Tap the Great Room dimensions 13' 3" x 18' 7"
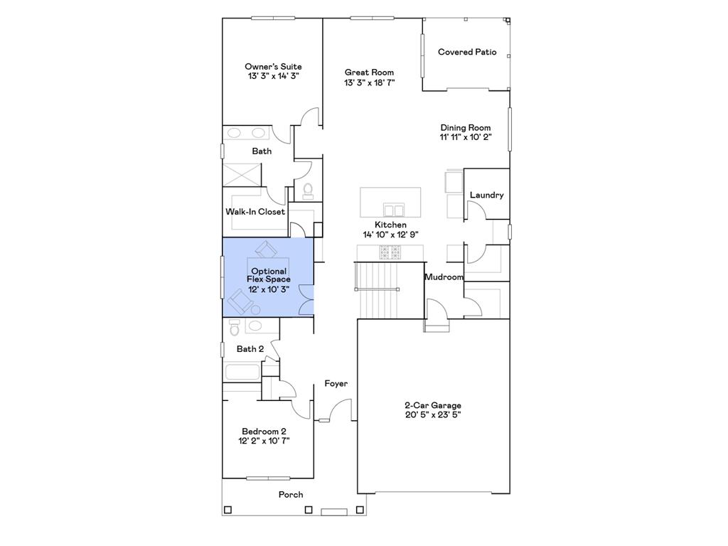369,82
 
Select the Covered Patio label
467,52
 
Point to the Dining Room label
465,128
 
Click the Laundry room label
486,195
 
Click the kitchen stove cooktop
390,252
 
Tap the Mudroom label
444,277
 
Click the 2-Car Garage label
433,405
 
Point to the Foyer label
336,384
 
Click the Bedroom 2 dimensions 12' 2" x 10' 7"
264,441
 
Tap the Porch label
291,495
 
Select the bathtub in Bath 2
242,372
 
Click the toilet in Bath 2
234,328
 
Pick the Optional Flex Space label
269,275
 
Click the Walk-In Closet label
255,212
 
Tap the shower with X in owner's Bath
242,175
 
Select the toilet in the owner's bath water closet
309,189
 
